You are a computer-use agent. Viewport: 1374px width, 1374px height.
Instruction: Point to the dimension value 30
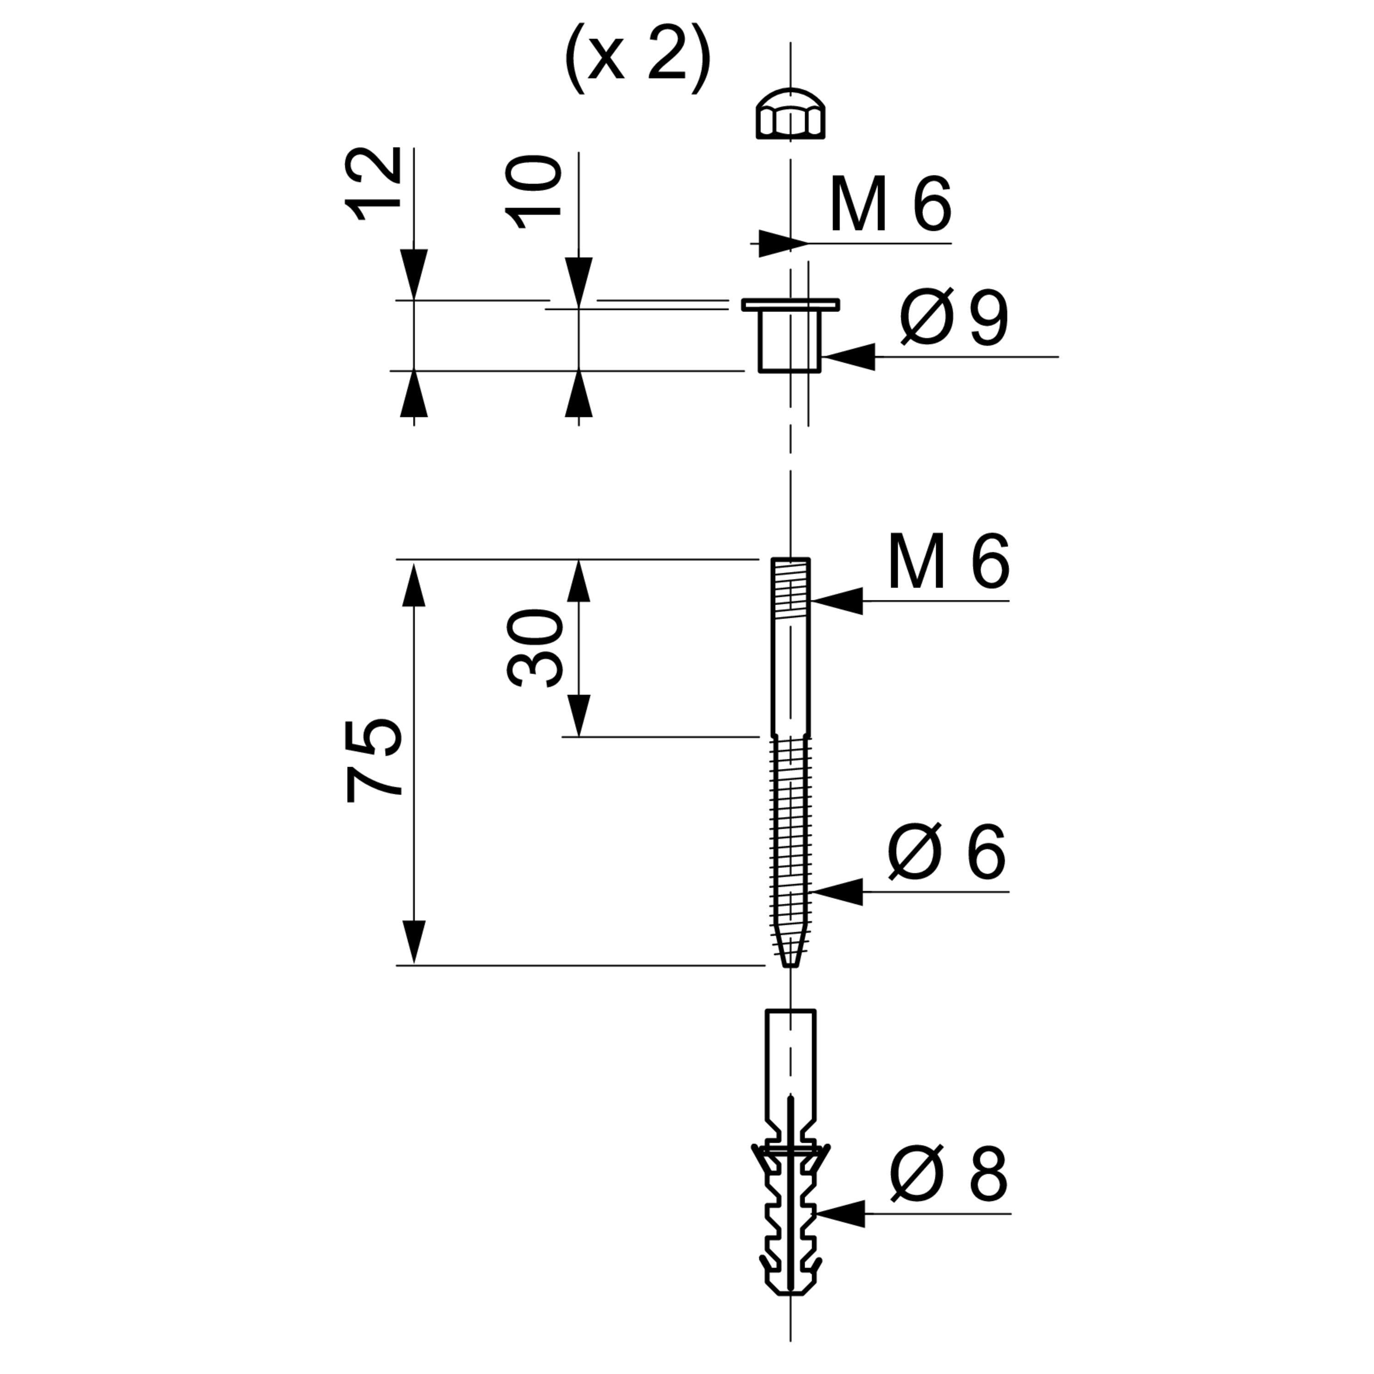[535, 647]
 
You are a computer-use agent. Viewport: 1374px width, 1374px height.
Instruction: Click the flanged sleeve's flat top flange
[790, 305]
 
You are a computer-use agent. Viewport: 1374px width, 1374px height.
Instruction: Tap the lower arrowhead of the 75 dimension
[414, 942]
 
